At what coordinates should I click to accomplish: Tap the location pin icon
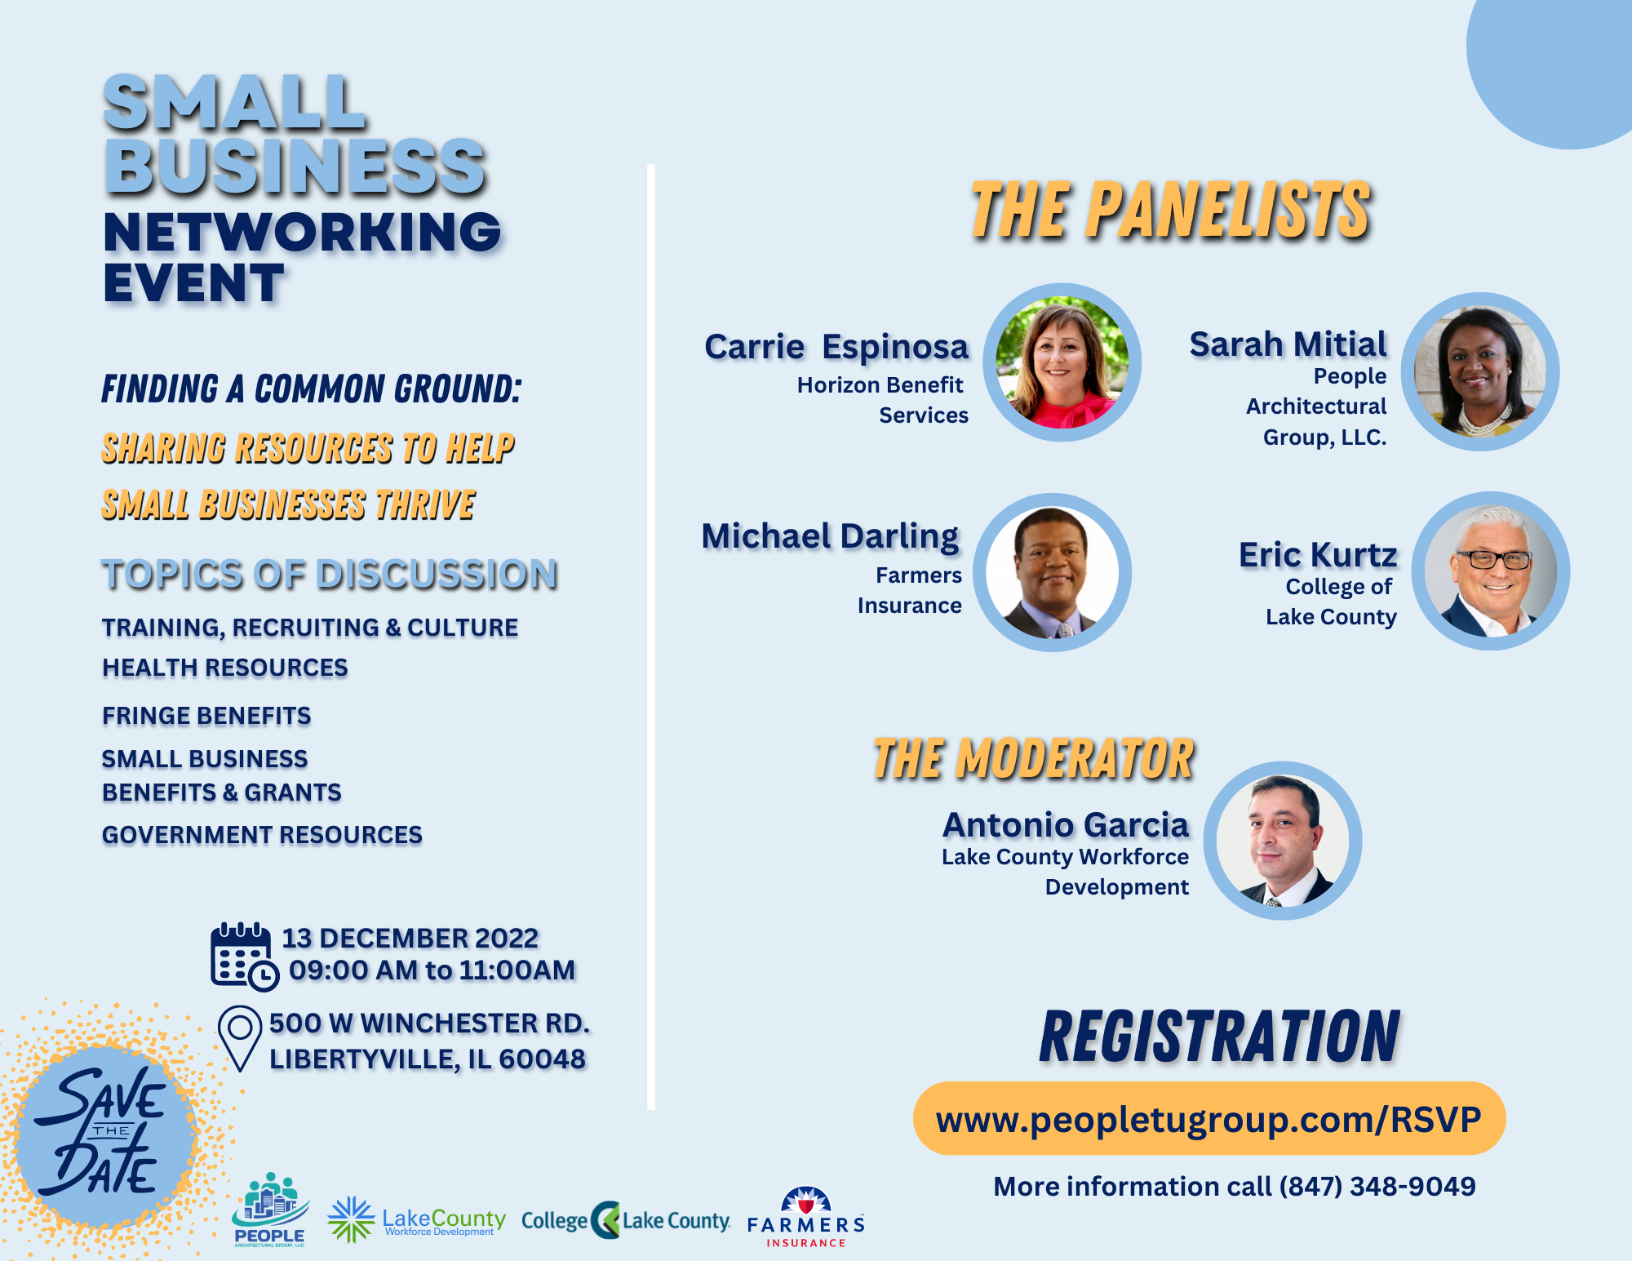point(240,1038)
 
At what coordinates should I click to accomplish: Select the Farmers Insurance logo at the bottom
point(805,1217)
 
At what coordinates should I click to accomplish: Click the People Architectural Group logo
point(270,1210)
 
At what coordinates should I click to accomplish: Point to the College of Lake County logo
point(626,1220)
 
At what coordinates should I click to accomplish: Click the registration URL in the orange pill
point(1208,1119)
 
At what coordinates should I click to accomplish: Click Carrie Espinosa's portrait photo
point(1062,362)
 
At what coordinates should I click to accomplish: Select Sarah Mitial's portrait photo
point(1479,371)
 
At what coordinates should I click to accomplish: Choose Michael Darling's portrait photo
point(1052,572)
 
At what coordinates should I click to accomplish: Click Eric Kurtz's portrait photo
point(1491,571)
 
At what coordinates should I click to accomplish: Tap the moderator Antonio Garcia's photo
point(1283,841)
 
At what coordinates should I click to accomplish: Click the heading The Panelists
point(1170,211)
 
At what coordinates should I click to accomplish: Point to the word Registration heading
point(1219,1036)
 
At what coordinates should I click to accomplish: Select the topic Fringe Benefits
point(206,716)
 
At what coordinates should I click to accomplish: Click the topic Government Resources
point(262,835)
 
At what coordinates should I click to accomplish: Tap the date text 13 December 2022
point(410,938)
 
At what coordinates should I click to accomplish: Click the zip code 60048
point(542,1059)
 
